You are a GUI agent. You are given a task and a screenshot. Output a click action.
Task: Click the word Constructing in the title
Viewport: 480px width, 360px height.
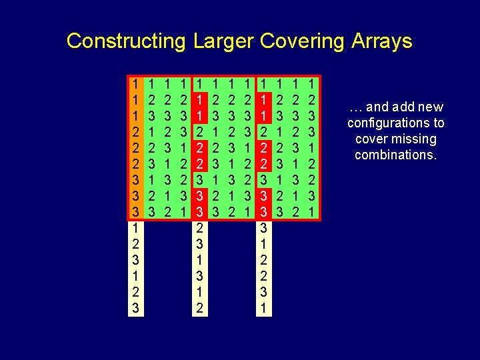click(x=125, y=41)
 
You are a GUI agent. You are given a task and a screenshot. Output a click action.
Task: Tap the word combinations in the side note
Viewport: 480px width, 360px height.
click(x=394, y=155)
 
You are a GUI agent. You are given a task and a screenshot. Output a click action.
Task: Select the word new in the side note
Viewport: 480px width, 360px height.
click(x=429, y=107)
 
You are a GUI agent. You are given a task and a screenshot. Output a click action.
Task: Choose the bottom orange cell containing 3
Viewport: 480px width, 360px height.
click(x=135, y=212)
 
